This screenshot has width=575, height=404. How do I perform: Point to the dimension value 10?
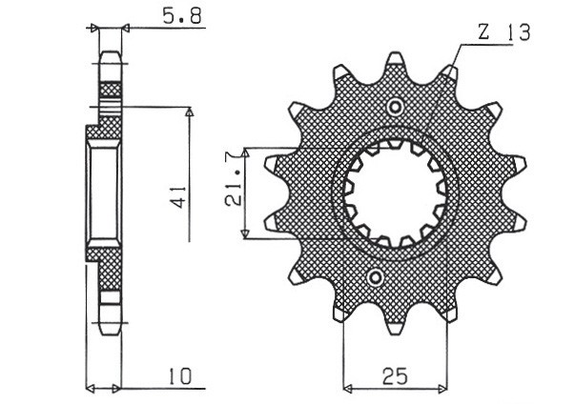[x=182, y=376]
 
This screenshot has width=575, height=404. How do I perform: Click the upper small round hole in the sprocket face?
[x=394, y=105]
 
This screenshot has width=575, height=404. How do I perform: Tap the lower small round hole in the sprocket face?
[x=376, y=278]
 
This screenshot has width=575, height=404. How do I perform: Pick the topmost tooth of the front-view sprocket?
[x=394, y=63]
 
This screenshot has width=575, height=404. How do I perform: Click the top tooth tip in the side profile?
[x=111, y=55]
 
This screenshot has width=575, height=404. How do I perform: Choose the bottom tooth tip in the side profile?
[x=111, y=327]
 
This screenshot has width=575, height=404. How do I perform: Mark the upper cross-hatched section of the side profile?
[x=111, y=105]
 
